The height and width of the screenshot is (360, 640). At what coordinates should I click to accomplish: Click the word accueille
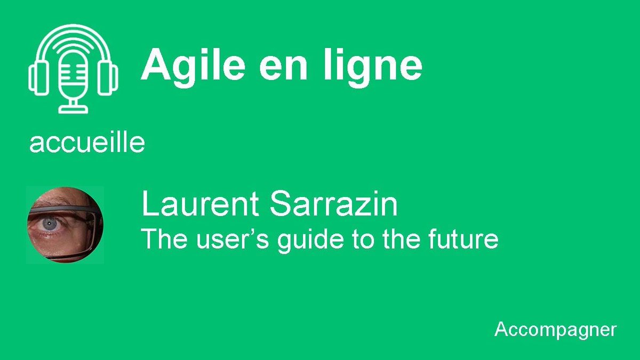tap(87, 143)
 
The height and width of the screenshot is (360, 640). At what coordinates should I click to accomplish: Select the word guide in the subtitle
tap(310, 240)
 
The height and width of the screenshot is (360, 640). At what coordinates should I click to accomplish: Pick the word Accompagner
tap(555, 329)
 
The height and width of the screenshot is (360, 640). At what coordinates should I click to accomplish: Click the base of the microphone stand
tap(73, 108)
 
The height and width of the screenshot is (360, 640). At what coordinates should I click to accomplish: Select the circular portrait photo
tap(65, 225)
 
